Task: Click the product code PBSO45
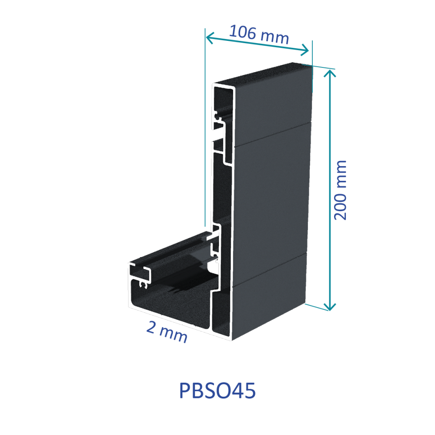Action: click(217, 391)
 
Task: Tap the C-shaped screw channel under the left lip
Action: click(143, 284)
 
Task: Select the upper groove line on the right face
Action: click(272, 134)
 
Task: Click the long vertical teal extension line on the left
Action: click(205, 130)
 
